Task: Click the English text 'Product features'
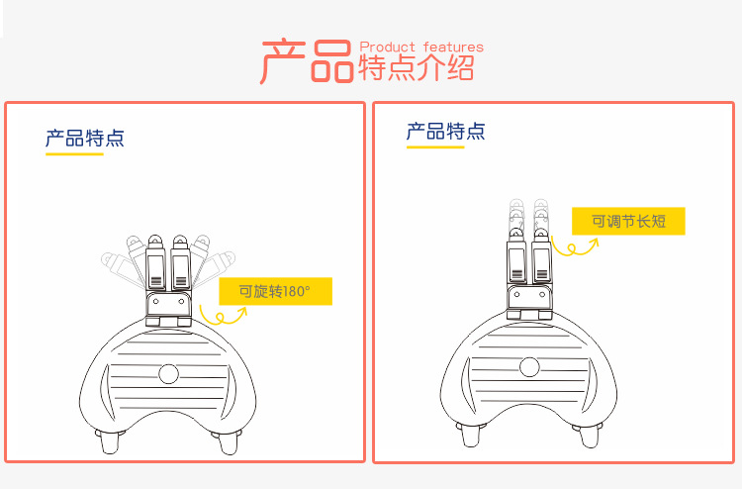(421, 47)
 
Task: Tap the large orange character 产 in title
(283, 61)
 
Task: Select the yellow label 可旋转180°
(275, 291)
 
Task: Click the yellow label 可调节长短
(628, 221)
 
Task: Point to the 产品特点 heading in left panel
(85, 139)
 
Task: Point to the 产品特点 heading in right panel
(446, 131)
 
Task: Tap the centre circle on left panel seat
(168, 373)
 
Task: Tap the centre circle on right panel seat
(529, 367)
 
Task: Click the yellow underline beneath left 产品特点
(74, 153)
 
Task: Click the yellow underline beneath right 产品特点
(435, 147)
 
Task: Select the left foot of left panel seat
(109, 441)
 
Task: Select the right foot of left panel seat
(229, 441)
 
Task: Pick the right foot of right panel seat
(589, 436)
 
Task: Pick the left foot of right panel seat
(470, 435)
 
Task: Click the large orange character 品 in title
(332, 61)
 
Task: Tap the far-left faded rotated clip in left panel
(122, 269)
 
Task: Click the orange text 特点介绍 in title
(417, 67)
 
